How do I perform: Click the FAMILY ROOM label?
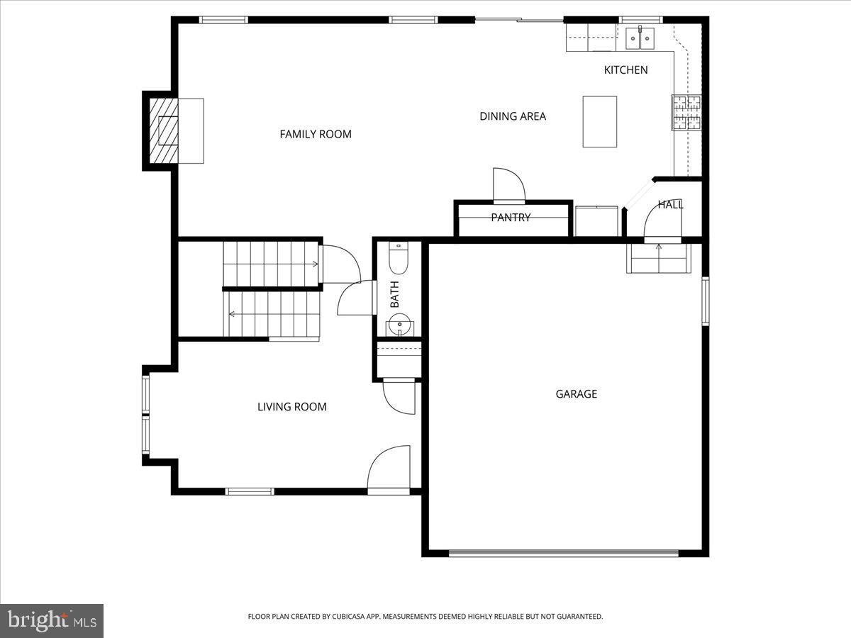[316, 134]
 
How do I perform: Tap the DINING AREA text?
[513, 116]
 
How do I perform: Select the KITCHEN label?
[625, 69]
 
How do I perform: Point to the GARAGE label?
[576, 394]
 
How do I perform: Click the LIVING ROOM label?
[291, 407]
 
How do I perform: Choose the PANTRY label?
[511, 218]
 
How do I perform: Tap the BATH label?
[394, 294]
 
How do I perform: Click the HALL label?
[670, 205]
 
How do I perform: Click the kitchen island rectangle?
[599, 121]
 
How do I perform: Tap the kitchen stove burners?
[686, 113]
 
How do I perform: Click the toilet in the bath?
[399, 259]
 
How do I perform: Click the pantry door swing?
[508, 186]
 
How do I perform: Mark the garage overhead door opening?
[564, 553]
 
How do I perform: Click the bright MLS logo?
[52, 620]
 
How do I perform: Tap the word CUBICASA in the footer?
[350, 617]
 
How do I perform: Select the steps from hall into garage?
[659, 259]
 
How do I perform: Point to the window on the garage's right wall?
[705, 301]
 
